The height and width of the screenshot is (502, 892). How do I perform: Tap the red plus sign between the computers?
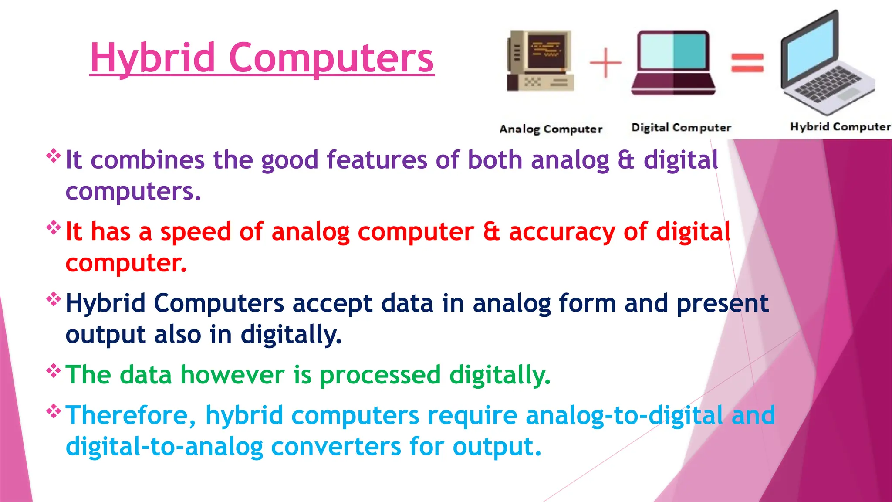pos(605,63)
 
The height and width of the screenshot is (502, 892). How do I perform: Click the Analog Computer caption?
pos(551,129)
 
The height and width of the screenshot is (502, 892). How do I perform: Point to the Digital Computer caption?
pos(681,128)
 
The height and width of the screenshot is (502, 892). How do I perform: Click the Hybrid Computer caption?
pos(840,127)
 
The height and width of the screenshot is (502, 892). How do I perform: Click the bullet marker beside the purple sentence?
pos(54,156)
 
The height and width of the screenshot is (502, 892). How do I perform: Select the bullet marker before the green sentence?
pos(54,370)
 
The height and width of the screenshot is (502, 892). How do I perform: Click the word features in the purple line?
pos(377,160)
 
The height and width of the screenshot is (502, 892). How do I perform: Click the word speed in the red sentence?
pos(195,232)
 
